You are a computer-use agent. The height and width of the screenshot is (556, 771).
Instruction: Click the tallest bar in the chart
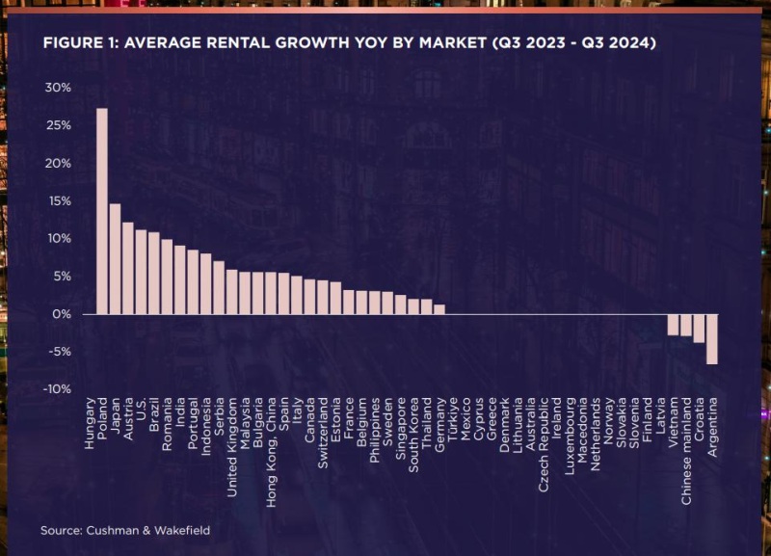tap(102, 211)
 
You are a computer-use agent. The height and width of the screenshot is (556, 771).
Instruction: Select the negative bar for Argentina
tap(712, 339)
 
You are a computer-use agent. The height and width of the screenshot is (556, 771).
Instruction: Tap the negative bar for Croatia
tap(699, 329)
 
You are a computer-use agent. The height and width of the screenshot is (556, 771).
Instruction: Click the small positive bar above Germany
tap(439, 309)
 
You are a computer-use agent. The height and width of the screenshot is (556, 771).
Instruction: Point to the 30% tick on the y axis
tap(58, 88)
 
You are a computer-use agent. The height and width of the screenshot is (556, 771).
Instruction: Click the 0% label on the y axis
tap(61, 314)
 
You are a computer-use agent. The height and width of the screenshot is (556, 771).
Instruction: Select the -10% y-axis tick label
tap(57, 389)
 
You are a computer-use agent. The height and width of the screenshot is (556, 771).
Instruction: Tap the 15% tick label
tap(58, 201)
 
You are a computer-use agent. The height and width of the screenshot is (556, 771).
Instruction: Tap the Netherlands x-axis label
tap(596, 429)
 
